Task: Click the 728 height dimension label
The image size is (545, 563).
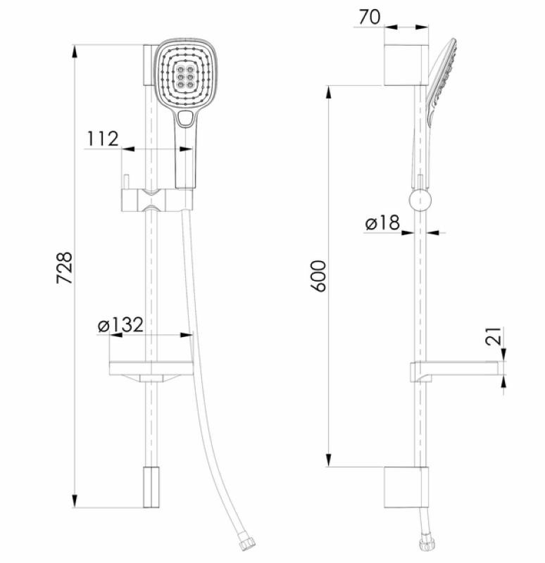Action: (65, 268)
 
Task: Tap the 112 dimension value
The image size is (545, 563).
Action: (103, 139)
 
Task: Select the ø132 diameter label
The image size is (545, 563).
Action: (120, 324)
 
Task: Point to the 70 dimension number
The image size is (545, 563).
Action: (369, 17)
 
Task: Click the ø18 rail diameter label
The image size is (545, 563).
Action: (382, 222)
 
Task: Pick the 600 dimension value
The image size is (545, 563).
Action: (318, 276)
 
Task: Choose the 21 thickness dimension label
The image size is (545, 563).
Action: (494, 336)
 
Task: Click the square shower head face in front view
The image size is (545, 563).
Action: (184, 75)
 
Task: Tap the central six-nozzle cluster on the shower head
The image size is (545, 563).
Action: (184, 77)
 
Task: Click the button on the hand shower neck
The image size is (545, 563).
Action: (185, 119)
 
